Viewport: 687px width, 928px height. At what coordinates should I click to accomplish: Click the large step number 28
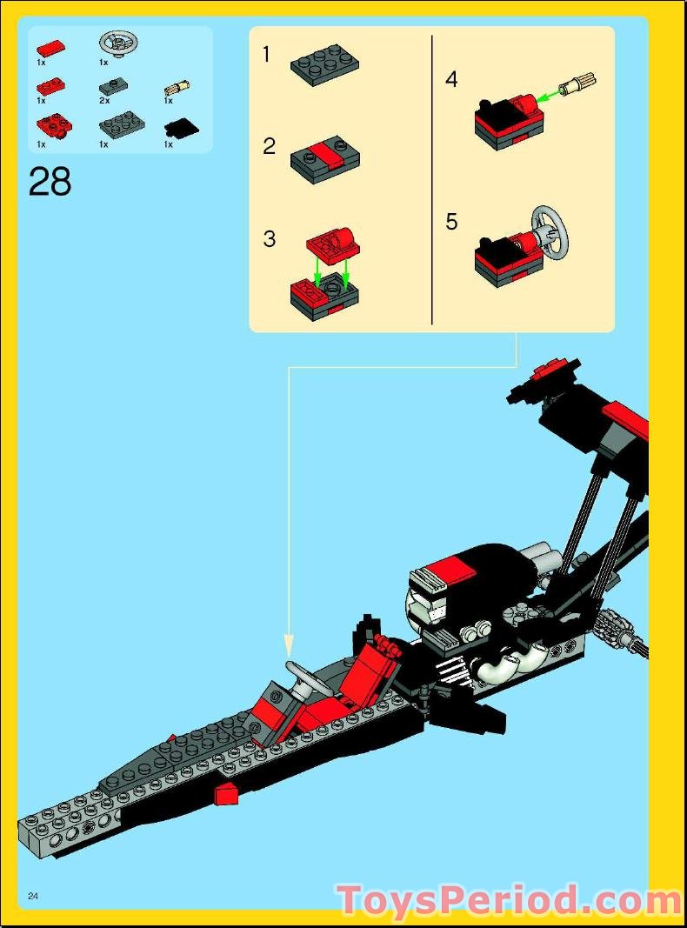(50, 182)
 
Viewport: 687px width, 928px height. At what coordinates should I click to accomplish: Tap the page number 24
(34, 897)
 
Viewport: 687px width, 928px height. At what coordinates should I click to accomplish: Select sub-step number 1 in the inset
(268, 56)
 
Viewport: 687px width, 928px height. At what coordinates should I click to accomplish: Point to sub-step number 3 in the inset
(270, 239)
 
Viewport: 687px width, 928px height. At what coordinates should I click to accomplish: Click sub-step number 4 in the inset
(451, 80)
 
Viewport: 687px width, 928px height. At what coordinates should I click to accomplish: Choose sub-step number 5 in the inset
(451, 222)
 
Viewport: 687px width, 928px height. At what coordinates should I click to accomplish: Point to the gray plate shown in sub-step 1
(325, 65)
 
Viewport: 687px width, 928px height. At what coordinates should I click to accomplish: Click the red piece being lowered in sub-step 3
(333, 244)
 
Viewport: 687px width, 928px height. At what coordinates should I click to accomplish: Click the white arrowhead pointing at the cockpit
(290, 647)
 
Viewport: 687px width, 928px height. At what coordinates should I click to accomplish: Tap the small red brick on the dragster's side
(227, 791)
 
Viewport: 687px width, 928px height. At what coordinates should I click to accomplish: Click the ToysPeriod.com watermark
(510, 900)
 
